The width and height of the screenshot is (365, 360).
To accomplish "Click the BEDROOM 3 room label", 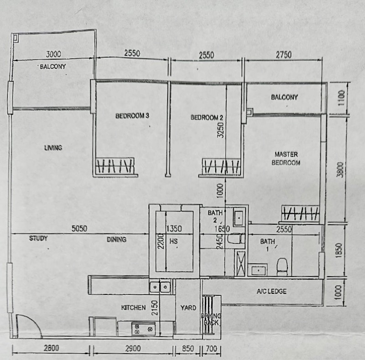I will [132, 116].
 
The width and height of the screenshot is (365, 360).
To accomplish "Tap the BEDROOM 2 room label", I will [207, 118].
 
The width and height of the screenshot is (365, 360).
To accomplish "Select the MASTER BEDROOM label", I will [286, 159].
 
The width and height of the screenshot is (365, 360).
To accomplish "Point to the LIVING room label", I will [53, 148].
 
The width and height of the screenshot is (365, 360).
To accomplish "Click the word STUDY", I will [38, 238].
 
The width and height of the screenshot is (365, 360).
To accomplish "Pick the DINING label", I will [116, 239].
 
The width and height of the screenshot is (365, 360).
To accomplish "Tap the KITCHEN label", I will [133, 308].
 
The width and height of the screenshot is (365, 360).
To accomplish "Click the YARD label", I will [188, 308].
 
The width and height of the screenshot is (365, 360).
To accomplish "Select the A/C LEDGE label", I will [271, 291].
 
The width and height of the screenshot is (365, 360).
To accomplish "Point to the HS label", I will [173, 240].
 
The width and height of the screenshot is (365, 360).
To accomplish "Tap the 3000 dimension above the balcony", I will [53, 54].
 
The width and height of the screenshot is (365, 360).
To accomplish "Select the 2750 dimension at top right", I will [283, 55].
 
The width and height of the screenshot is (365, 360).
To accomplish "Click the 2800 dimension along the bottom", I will [51, 349].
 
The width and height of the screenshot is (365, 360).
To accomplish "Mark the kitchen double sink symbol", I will [160, 287].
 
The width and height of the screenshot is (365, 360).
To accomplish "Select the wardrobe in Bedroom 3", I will [115, 166].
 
